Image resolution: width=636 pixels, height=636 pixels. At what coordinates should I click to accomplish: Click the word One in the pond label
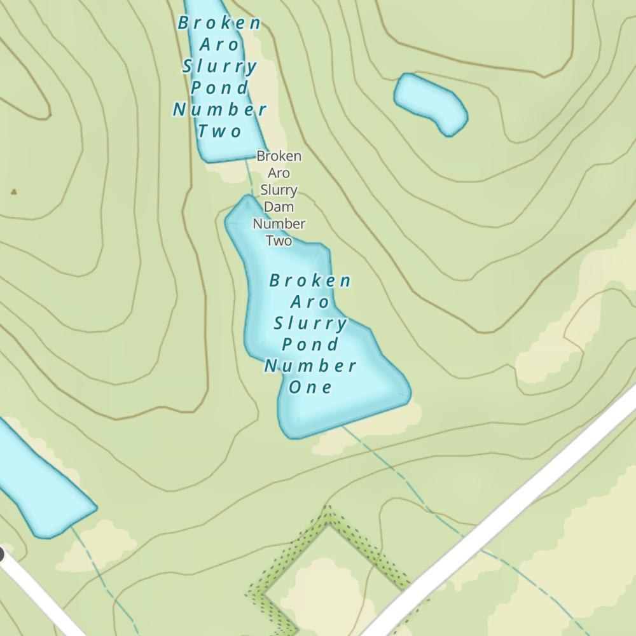(x=311, y=387)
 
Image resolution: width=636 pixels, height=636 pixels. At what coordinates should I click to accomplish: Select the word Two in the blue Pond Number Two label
(x=219, y=131)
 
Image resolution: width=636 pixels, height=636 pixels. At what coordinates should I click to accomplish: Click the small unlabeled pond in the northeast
(x=431, y=102)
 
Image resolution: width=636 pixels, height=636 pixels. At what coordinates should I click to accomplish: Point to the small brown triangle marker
(x=14, y=191)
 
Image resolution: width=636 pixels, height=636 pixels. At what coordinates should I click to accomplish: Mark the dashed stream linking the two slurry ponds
(x=249, y=178)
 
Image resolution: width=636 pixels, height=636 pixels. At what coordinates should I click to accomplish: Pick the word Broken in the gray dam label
(x=279, y=156)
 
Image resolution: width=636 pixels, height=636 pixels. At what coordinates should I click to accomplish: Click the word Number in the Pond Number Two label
(x=219, y=109)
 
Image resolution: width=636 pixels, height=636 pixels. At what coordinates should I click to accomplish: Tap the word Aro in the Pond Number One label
(x=311, y=301)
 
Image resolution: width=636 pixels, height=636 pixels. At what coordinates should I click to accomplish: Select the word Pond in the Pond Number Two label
(x=219, y=87)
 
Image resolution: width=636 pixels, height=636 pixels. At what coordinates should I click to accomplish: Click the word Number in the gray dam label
(x=279, y=224)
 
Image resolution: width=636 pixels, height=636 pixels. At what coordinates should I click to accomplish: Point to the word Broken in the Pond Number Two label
(x=219, y=23)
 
